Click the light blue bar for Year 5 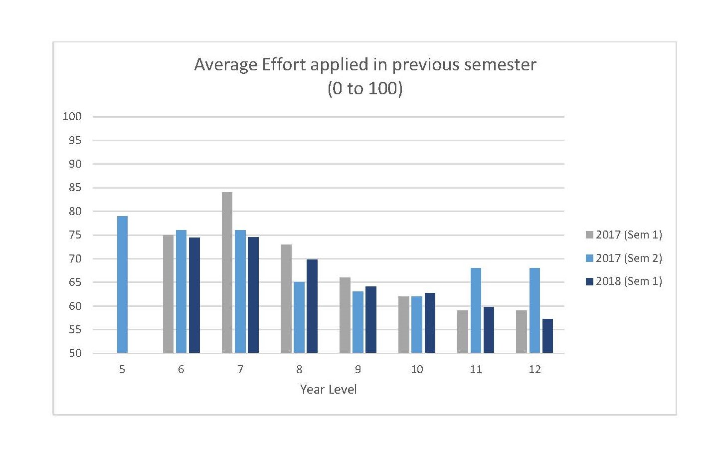(122, 284)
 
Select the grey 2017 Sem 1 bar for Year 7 (227, 272)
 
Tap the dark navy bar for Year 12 (547, 336)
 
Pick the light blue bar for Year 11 (476, 310)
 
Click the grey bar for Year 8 (286, 298)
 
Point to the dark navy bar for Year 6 (194, 295)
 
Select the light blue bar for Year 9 (357, 322)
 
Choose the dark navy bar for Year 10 (430, 323)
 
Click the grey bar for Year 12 (521, 332)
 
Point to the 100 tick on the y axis (72, 116)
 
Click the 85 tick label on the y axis (75, 188)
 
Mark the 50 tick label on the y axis (75, 353)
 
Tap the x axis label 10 (417, 369)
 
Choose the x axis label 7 (240, 369)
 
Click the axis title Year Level (328, 389)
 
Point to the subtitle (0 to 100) (364, 89)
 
